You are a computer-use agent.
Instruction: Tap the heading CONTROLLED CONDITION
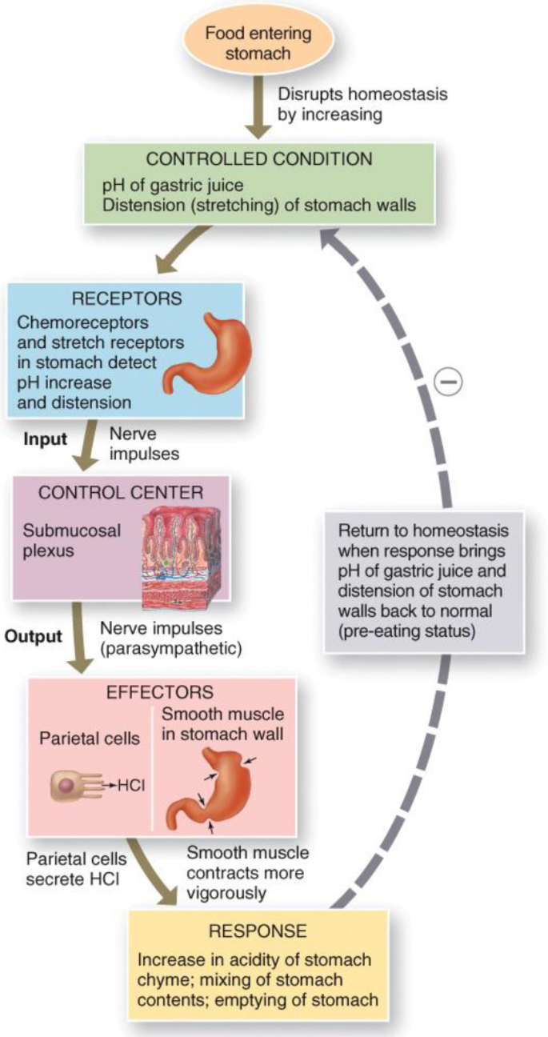pos(259,158)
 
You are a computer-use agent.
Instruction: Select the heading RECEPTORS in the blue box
pos(127,298)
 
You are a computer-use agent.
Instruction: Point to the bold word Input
pos(46,438)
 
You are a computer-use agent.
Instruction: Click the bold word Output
pos(34,635)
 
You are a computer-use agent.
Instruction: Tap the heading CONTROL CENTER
pos(121,492)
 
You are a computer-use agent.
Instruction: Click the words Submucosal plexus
pos(72,541)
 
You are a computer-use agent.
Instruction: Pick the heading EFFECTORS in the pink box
pos(160,692)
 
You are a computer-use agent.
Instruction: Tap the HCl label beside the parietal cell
pos(131,785)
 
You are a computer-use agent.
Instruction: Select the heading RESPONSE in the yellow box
pos(258,931)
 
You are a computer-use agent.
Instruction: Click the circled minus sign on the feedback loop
pos(449,382)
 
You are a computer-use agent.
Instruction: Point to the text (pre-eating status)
pos(407,631)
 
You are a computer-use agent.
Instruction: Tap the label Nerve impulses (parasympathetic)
pos(171,639)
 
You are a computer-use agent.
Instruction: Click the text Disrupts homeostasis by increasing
pos(362,104)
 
